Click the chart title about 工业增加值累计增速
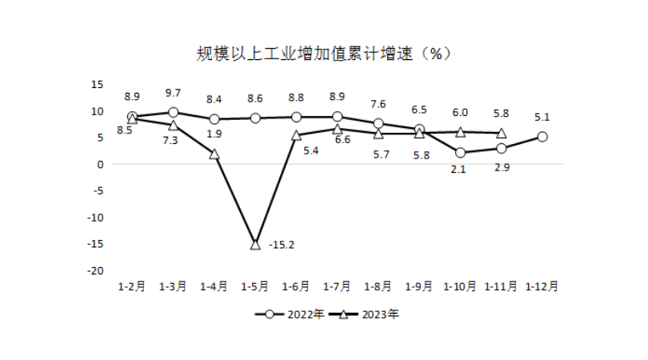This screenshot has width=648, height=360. point(324,54)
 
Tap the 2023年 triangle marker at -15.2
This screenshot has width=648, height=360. point(255,244)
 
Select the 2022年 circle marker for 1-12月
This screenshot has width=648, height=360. point(542,137)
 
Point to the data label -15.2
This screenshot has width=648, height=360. point(282,244)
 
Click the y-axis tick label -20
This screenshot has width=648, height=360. point(98,271)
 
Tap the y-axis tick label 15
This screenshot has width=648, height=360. point(98,84)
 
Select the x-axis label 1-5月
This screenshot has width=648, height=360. point(255,286)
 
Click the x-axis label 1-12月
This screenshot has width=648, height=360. point(542,286)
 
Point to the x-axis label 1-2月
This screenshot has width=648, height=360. point(132,286)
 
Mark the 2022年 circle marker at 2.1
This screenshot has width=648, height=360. point(460,153)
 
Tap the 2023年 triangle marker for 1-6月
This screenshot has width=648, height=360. point(296,135)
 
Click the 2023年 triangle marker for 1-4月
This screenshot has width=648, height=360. point(214,154)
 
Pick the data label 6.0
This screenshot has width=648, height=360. point(461,114)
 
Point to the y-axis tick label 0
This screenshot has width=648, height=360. point(102,164)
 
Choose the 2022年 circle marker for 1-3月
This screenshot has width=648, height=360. point(173,113)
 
